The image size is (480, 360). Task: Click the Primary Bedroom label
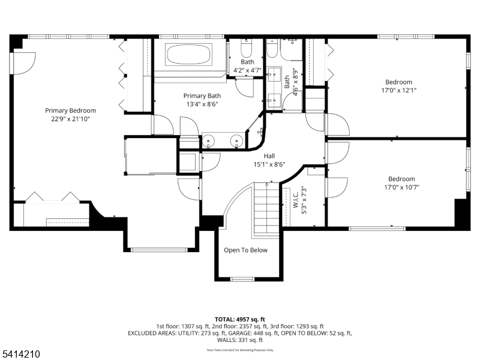[70, 110]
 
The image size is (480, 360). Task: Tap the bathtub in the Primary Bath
[188, 55]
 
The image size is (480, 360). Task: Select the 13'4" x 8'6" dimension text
[202, 104]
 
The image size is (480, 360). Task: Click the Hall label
[269, 156]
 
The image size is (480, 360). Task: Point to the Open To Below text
[245, 250]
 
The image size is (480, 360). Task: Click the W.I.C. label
[296, 200]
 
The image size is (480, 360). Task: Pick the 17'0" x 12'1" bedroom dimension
[398, 91]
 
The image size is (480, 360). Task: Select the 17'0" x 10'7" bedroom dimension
[401, 187]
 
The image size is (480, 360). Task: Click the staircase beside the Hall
[266, 209]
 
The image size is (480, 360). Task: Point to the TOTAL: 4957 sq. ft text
[239, 320]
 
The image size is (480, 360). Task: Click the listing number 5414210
[20, 354]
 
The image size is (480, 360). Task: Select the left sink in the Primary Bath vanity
[209, 141]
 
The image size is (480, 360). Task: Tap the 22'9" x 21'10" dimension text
[70, 119]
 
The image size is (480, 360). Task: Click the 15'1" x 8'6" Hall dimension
[269, 164]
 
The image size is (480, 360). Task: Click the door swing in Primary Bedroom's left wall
[24, 64]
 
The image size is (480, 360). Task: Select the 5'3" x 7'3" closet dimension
[304, 200]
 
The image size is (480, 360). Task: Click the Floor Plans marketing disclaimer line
[240, 350]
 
